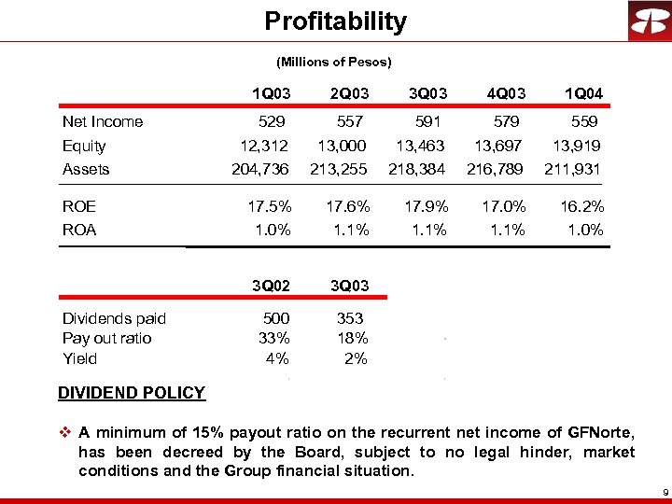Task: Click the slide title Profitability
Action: tap(335, 21)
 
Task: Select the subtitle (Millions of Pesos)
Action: tap(334, 63)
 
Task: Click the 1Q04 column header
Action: tap(583, 93)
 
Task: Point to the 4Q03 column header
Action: tap(506, 93)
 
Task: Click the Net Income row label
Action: tap(103, 121)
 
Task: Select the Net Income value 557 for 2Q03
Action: tap(350, 121)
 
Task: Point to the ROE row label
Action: tap(79, 206)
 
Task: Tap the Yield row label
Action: tap(79, 358)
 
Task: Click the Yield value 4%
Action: tap(277, 358)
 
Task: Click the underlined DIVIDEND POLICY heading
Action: tap(132, 393)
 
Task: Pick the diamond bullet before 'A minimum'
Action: tap(64, 432)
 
